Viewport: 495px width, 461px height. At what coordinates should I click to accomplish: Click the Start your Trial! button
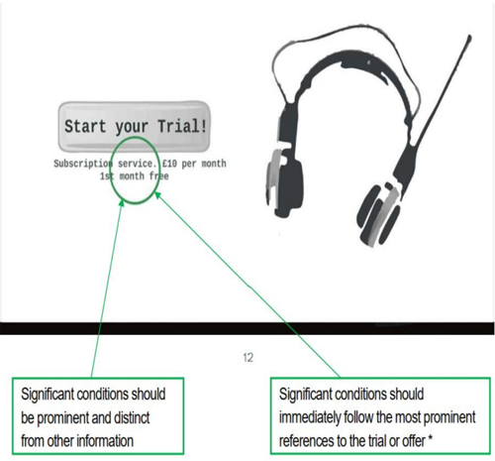(135, 127)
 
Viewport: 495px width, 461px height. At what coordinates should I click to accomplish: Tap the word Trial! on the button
(182, 126)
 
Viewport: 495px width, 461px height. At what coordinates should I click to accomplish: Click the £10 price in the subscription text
(170, 164)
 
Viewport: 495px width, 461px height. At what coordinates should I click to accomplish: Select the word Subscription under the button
(83, 164)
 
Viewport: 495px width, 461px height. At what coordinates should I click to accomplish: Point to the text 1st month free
(135, 176)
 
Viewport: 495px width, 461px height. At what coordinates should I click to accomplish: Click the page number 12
(247, 358)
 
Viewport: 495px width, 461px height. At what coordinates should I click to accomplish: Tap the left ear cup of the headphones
(284, 183)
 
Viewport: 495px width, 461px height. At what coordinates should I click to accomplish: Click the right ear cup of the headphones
(379, 215)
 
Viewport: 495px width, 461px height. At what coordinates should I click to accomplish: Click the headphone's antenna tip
(469, 38)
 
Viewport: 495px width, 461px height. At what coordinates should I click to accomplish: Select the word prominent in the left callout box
(63, 418)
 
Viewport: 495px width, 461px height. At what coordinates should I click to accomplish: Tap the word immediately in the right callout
(310, 418)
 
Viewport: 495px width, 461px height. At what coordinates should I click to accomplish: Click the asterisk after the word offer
(430, 438)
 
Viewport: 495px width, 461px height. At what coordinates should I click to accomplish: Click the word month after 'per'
(214, 164)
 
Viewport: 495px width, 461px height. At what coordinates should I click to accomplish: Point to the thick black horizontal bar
(247, 328)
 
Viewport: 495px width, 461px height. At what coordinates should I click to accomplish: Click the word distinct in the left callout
(132, 418)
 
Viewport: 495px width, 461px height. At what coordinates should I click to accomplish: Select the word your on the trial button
(132, 127)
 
